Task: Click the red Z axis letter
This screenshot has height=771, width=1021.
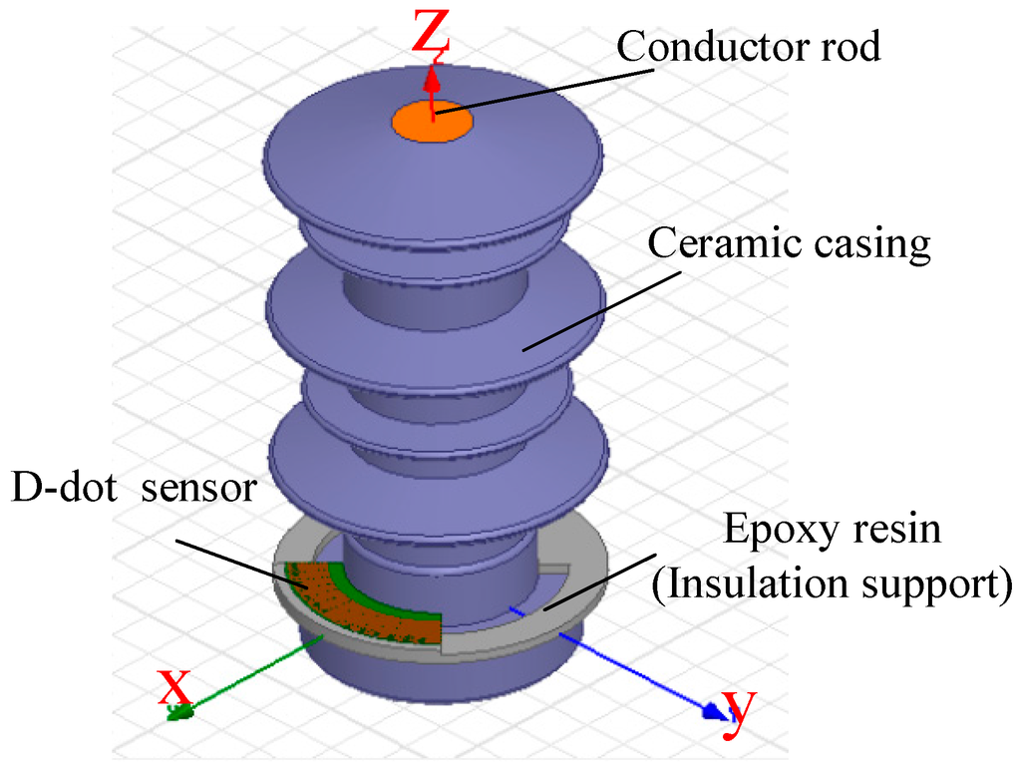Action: point(433,32)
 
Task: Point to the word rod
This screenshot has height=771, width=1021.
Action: point(848,46)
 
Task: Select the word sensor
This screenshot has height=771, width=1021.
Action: point(199,492)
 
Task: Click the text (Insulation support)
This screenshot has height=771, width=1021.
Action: point(832,582)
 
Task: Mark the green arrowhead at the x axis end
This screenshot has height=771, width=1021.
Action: point(181,711)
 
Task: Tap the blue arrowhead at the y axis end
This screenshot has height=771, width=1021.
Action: point(712,710)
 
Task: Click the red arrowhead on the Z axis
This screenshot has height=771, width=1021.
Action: point(431,78)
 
